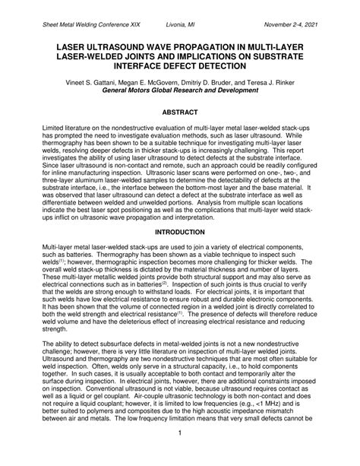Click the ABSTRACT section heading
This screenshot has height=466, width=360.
pyautogui.click(x=179, y=111)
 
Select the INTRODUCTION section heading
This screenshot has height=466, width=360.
pyautogui.click(x=179, y=231)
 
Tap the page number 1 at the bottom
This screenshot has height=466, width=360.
pyautogui.click(x=180, y=455)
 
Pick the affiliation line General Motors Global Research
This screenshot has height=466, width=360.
pyautogui.click(x=179, y=88)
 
